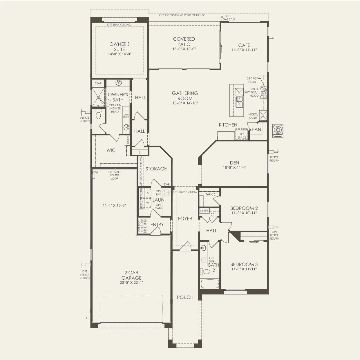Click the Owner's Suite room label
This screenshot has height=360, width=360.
click(x=119, y=47)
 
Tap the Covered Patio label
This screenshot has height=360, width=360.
click(x=184, y=41)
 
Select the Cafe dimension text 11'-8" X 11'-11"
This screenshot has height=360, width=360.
click(x=244, y=50)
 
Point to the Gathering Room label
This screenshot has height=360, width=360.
click(x=185, y=96)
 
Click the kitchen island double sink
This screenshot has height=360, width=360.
click(x=240, y=102)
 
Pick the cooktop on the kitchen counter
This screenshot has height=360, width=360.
click(x=263, y=92)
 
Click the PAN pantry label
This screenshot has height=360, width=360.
click(x=256, y=129)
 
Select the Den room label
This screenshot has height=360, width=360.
click(x=234, y=163)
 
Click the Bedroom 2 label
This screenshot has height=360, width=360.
click(x=244, y=208)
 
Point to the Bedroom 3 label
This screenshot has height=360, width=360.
click(x=244, y=264)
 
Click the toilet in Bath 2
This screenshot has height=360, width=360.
click(x=206, y=272)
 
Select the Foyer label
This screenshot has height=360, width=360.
click(x=185, y=218)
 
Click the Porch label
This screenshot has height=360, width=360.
click(x=185, y=297)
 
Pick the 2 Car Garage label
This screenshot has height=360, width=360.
click(x=131, y=275)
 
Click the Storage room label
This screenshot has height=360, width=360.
click(x=156, y=169)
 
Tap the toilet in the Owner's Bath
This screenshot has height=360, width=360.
click(x=98, y=115)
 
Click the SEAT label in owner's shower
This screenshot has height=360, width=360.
click(x=98, y=83)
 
